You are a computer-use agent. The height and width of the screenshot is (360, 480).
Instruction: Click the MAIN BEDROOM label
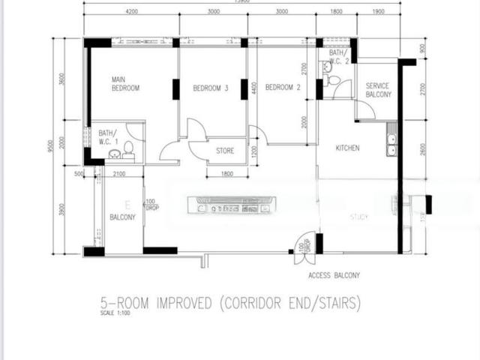tap(126, 83)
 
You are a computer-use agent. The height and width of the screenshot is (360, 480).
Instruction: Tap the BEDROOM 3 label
tap(210, 88)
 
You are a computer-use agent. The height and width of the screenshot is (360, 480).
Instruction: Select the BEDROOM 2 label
tap(283, 88)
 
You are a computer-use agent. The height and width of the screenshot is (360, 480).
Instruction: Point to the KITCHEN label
tap(347, 148)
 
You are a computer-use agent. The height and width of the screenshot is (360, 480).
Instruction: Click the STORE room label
tap(225, 151)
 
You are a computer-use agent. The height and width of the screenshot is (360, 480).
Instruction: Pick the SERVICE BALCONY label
tap(378, 91)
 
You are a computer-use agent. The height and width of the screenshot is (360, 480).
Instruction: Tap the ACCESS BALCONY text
tap(334, 276)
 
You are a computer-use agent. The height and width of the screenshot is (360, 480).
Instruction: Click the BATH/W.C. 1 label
tap(107, 137)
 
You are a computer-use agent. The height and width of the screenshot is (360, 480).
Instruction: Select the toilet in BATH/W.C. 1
tap(128, 147)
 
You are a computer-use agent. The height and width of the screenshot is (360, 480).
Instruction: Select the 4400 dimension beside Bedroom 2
tap(254, 88)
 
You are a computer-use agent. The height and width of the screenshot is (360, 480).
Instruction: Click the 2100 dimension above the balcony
tap(118, 174)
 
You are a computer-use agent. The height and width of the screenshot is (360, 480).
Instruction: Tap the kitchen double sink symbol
tap(391, 144)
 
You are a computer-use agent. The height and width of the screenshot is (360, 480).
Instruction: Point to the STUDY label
tap(358, 217)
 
